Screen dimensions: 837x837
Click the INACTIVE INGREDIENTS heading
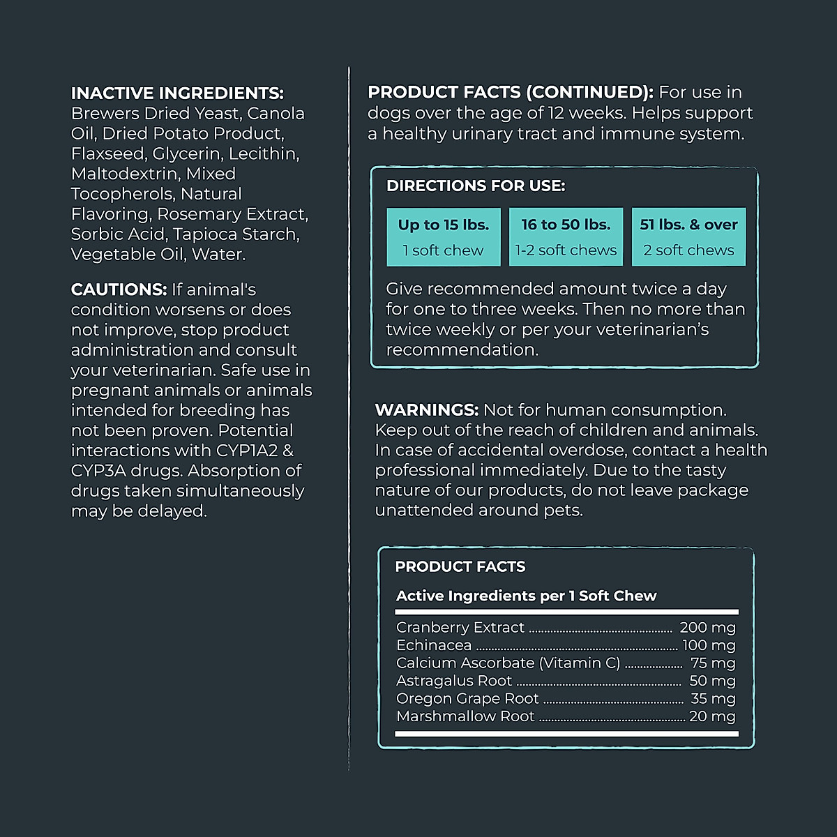[177, 93]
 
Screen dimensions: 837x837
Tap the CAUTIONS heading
[119, 289]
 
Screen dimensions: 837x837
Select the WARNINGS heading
[426, 410]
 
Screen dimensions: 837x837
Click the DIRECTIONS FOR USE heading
[476, 186]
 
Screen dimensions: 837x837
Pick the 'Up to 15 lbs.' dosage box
[444, 237]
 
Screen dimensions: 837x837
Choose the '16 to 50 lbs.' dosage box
[566, 237]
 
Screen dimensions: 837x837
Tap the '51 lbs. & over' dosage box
[688, 237]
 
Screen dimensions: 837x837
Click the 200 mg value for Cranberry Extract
[707, 628]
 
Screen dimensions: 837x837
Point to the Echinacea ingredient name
[434, 646]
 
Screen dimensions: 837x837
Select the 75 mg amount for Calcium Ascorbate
[713, 663]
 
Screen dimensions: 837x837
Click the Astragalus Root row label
[454, 681]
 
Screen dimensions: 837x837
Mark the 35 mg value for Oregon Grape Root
[713, 698]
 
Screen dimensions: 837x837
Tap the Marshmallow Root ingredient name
[465, 716]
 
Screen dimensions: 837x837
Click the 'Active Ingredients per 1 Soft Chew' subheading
[527, 596]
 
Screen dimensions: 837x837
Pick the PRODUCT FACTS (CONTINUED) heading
[511, 93]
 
